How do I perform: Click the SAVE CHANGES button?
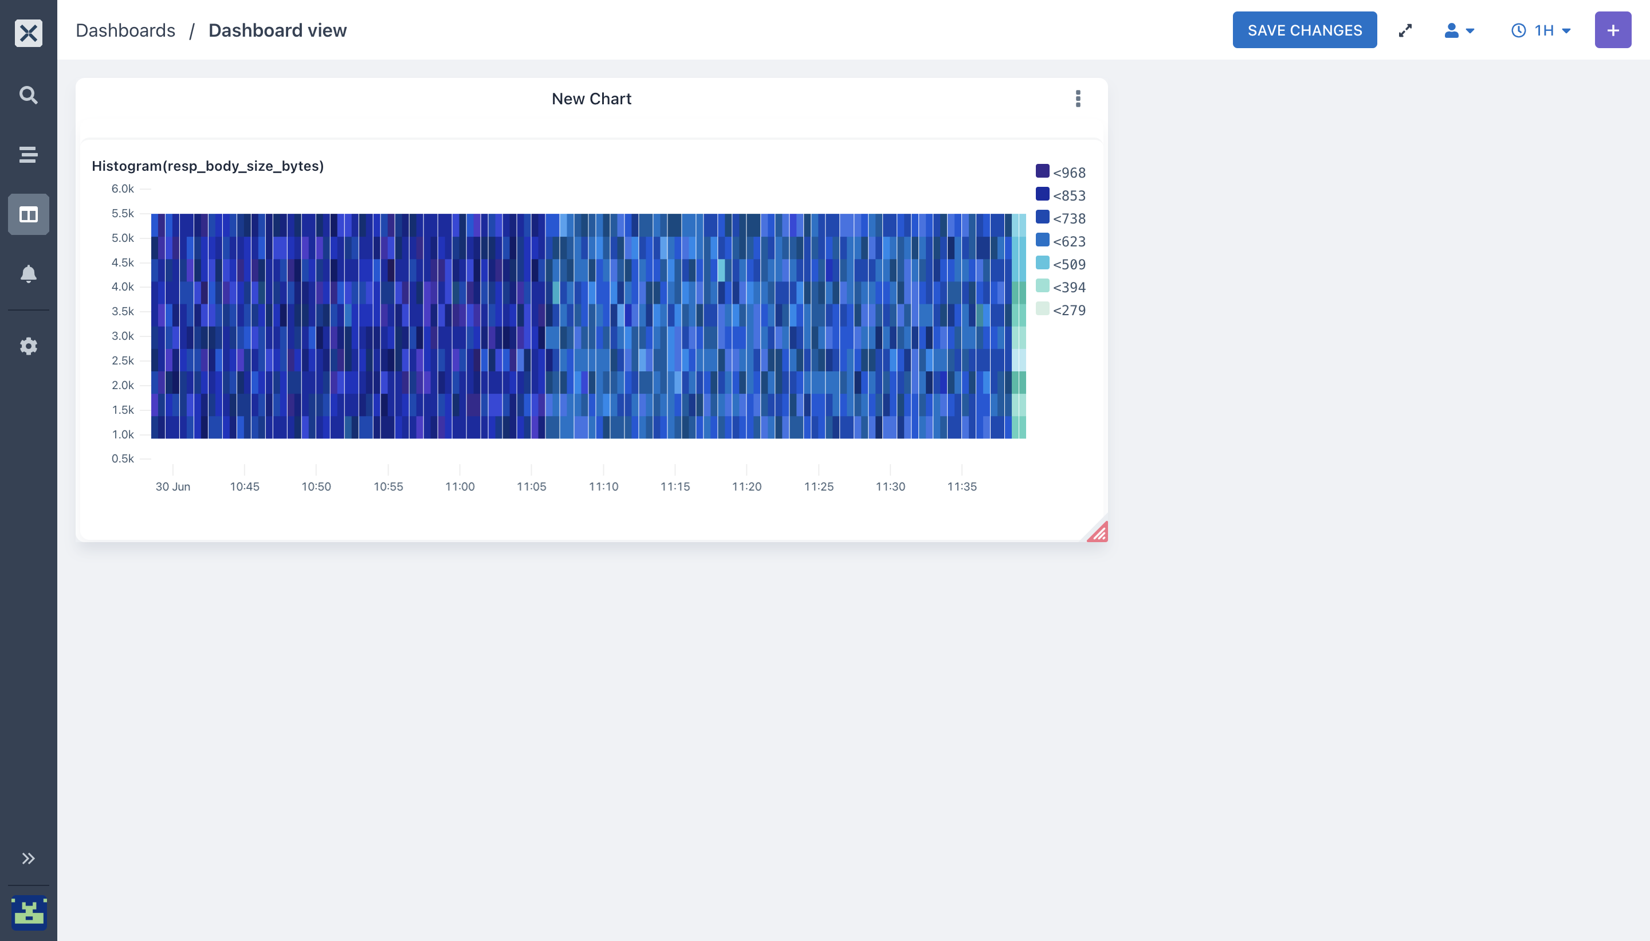tap(1305, 30)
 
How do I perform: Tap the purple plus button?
tap(1613, 30)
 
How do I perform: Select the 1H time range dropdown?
tap(1541, 30)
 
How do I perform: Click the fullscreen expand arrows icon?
tap(1405, 30)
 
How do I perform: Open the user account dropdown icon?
tap(1459, 30)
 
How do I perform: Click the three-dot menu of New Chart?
tap(1078, 98)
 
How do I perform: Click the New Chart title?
tap(591, 99)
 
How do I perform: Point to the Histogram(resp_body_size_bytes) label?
tap(207, 166)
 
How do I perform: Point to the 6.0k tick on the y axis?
tap(123, 189)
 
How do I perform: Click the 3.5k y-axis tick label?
tap(123, 312)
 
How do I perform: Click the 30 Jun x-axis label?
tap(172, 487)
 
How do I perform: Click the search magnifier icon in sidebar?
tap(29, 95)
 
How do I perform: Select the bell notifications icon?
tap(29, 274)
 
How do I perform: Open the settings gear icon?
tap(29, 346)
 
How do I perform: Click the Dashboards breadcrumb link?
tap(125, 30)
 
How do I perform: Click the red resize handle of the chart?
tap(1099, 532)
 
